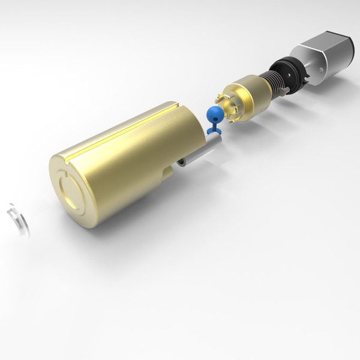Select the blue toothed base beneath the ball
pos(214,128)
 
